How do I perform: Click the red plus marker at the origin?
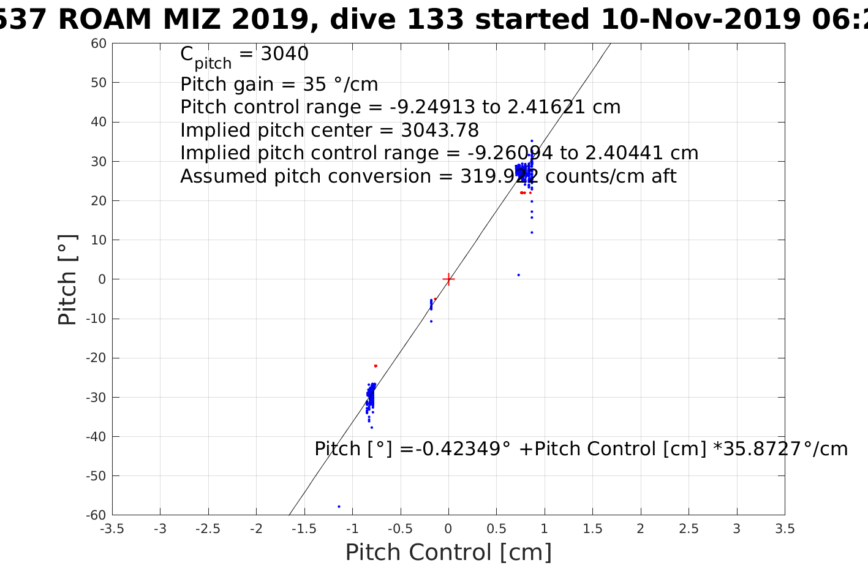point(448,279)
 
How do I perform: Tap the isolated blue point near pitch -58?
point(339,507)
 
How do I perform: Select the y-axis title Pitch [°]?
point(67,279)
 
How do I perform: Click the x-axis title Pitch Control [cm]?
point(448,553)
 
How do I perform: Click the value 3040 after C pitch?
point(285,55)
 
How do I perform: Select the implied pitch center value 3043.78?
point(440,131)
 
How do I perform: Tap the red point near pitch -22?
point(376,366)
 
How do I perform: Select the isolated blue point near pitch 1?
point(518,275)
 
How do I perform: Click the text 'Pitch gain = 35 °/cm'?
point(279,85)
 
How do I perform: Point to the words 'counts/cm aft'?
point(611,176)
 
